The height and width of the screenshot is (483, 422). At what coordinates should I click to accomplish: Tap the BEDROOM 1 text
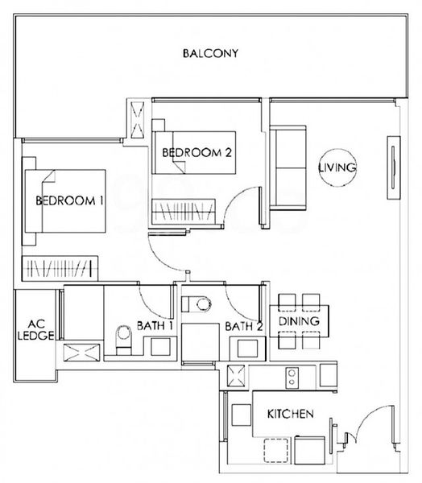[71, 201]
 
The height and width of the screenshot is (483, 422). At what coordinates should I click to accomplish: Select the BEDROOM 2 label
[197, 152]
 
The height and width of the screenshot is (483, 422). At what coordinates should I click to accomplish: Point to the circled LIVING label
[337, 167]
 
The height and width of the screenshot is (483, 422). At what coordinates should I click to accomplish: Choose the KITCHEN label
[290, 415]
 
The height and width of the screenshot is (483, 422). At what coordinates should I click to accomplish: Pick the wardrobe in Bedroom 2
[184, 213]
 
